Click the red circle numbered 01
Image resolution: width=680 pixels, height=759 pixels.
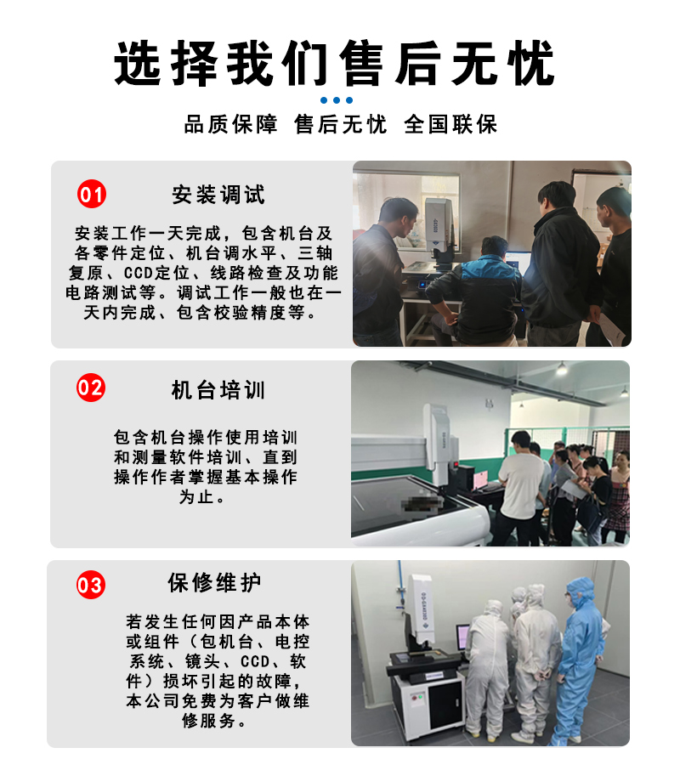coord(92,194)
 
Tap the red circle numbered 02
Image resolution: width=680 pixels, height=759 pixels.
coord(91,388)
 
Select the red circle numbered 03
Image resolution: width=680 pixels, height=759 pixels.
coord(91,585)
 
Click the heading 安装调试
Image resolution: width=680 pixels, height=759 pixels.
coord(218,195)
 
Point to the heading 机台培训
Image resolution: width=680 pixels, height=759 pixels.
coord(218,390)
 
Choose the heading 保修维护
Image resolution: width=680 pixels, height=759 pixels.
coord(214,582)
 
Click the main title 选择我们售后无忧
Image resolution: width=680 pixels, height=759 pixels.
coord(335,64)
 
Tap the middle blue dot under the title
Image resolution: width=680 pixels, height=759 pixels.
coord(337,100)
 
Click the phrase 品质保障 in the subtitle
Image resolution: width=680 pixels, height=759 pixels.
coord(231,124)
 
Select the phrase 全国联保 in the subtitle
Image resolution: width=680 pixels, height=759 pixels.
coord(450,124)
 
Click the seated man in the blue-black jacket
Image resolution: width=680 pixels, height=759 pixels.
coord(477,293)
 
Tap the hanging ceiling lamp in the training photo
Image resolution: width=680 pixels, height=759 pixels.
coord(561,368)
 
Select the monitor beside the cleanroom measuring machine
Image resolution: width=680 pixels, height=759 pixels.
coord(462,637)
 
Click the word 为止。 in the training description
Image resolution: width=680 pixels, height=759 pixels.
coord(201,497)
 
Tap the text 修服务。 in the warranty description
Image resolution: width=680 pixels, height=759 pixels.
coord(215,721)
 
